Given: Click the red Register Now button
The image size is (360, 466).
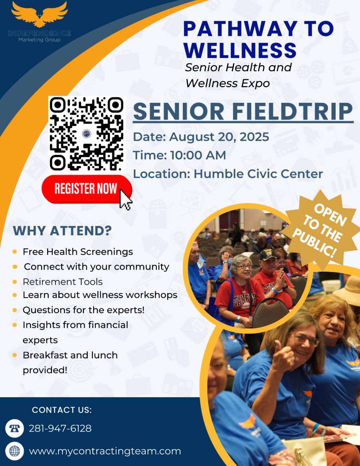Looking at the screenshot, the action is (86, 189).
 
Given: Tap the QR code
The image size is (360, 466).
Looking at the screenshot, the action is (86, 134).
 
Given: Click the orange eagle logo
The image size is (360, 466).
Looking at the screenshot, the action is (40, 14).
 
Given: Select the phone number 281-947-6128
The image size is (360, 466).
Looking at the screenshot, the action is (60, 428).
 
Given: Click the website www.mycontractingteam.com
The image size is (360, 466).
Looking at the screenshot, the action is (105, 451).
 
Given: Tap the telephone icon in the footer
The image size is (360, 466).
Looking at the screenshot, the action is (14, 428).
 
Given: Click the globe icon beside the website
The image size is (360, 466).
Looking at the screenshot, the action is (14, 451).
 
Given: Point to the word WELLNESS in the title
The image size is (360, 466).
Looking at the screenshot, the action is (240, 50).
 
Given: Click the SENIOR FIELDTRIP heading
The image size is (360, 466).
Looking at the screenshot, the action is (243, 112).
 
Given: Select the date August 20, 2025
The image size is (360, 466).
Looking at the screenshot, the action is (219, 137).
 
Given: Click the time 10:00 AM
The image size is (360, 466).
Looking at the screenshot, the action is (198, 155).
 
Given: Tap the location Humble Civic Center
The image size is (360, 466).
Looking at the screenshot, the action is (258, 174).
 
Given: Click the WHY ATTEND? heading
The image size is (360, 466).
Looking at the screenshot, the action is (62, 231).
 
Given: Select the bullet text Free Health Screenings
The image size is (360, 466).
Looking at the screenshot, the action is (78, 252).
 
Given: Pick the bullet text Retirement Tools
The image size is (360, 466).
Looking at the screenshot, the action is (63, 282).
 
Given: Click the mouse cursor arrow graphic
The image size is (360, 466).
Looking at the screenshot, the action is (126, 200).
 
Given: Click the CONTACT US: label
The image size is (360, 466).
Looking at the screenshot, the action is (62, 410).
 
